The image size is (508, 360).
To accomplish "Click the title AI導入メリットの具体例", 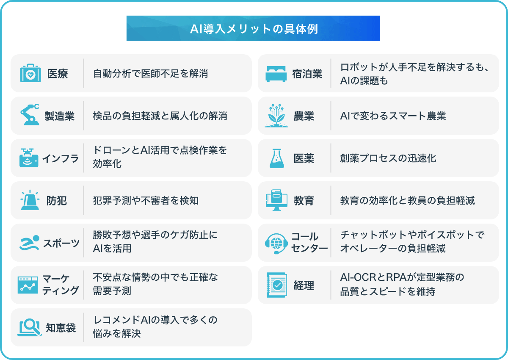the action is click(254, 29).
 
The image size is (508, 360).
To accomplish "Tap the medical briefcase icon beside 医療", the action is click(30, 73).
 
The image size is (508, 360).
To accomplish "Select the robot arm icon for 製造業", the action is click(30, 114).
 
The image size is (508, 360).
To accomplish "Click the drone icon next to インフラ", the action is click(29, 158).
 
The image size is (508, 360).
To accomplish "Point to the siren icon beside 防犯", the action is click(30, 200).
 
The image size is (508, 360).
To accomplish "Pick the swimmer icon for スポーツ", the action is click(30, 243).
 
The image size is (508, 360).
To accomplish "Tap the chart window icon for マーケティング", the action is click(28, 285).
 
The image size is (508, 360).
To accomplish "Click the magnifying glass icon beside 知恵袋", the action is click(30, 327).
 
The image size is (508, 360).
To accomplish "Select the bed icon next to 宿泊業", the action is click(276, 74).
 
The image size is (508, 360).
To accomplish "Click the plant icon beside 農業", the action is click(276, 116).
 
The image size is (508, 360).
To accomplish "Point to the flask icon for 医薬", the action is click(277, 158).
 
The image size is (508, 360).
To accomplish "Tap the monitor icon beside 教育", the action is click(276, 200).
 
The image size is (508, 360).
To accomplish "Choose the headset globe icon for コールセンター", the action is click(276, 244).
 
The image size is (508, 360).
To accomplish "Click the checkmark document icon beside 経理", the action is click(277, 285).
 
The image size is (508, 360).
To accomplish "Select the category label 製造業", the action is click(59, 116).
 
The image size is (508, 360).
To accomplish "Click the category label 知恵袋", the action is click(61, 328).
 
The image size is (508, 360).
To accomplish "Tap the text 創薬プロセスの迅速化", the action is click(388, 158).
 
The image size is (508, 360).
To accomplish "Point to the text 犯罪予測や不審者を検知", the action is click(146, 200).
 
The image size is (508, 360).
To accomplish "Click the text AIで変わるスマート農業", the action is click(393, 116).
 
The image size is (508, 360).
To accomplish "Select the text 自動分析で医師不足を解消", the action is click(150, 74).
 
